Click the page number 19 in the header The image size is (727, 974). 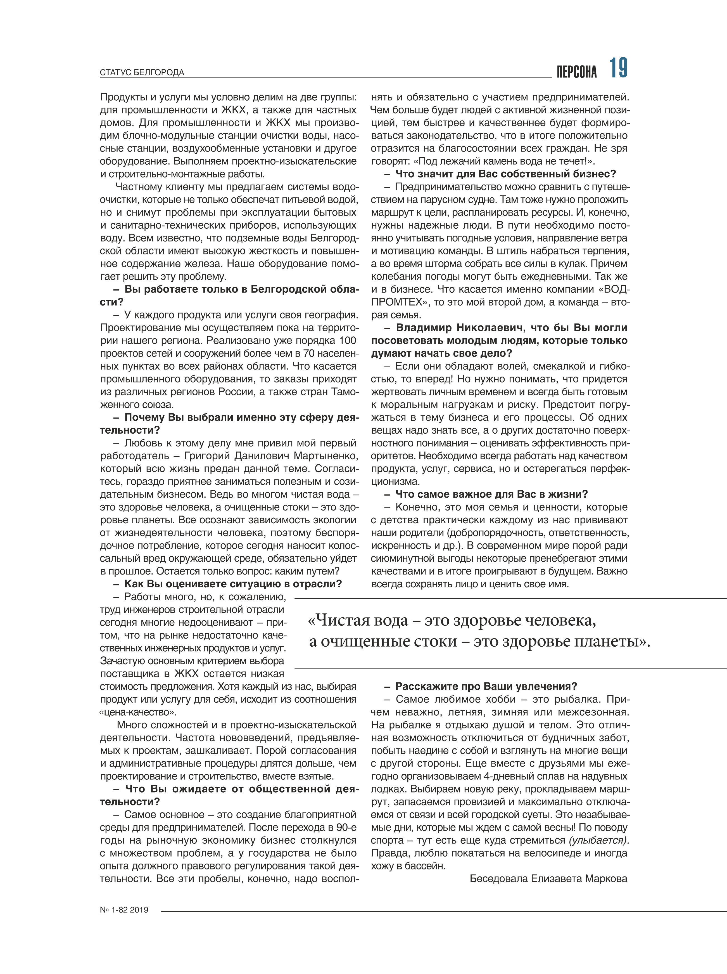[618, 69]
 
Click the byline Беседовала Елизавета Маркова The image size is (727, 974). [548, 878]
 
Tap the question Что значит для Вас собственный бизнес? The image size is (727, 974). [506, 174]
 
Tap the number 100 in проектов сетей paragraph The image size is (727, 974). [347, 341]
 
